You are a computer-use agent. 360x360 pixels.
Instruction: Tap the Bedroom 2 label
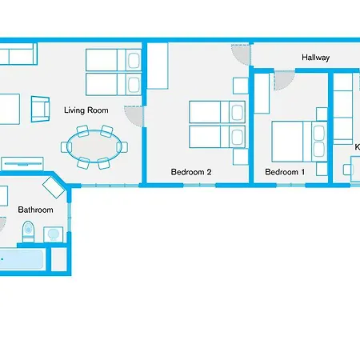(x=191, y=172)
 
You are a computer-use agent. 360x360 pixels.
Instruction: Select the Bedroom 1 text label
(x=285, y=172)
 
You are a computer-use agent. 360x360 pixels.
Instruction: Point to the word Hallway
(x=315, y=58)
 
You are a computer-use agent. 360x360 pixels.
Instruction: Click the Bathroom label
(x=35, y=210)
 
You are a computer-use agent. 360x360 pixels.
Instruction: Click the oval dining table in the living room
(x=95, y=146)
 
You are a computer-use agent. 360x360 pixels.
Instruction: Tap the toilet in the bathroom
(x=28, y=232)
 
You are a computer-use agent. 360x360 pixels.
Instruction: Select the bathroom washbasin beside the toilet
(x=54, y=233)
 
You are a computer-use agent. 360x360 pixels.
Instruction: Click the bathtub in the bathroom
(x=19, y=260)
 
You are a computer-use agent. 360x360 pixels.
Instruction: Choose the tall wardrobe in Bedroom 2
(x=157, y=66)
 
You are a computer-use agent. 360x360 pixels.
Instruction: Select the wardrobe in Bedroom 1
(x=261, y=93)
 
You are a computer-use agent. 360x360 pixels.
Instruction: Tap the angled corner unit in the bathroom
(x=54, y=189)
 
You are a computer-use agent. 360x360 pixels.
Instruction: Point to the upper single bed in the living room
(x=113, y=59)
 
